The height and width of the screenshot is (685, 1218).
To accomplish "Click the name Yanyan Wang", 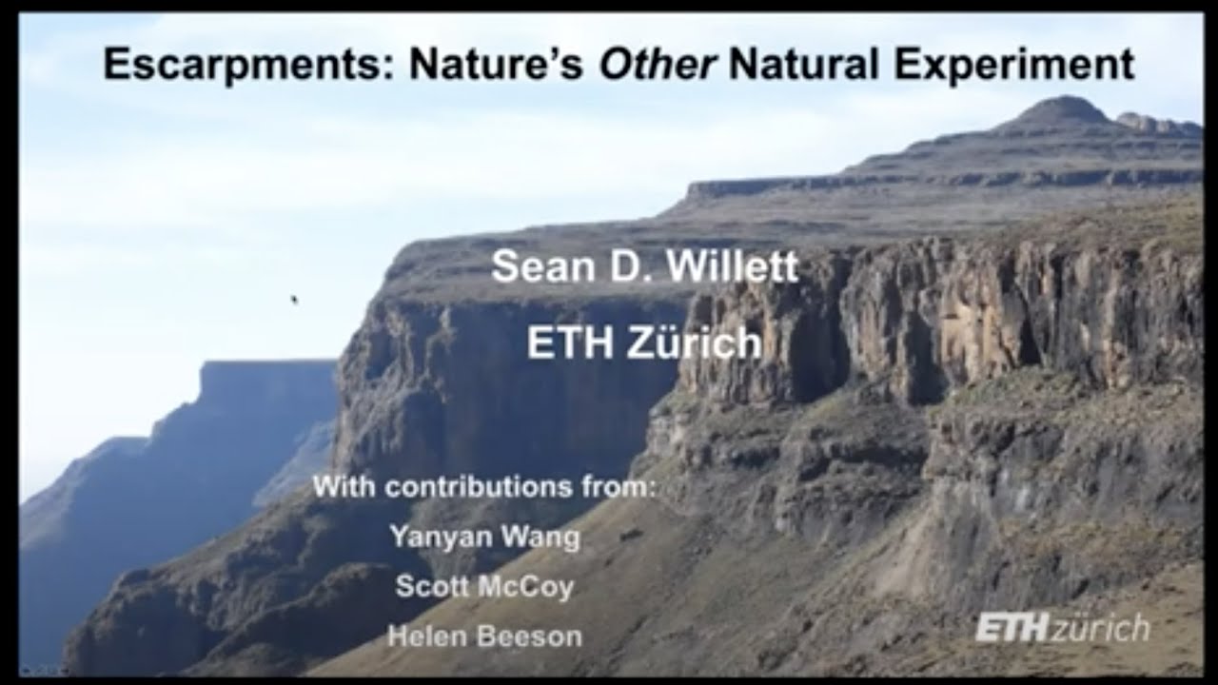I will (x=484, y=537).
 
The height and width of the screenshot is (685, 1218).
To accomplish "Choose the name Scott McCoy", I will (x=484, y=586).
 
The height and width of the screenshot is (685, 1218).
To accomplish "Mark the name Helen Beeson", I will (x=484, y=636).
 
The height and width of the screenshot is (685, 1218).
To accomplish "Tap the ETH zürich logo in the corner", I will (x=1062, y=628).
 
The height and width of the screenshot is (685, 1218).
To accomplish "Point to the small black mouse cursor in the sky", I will (x=294, y=300).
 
